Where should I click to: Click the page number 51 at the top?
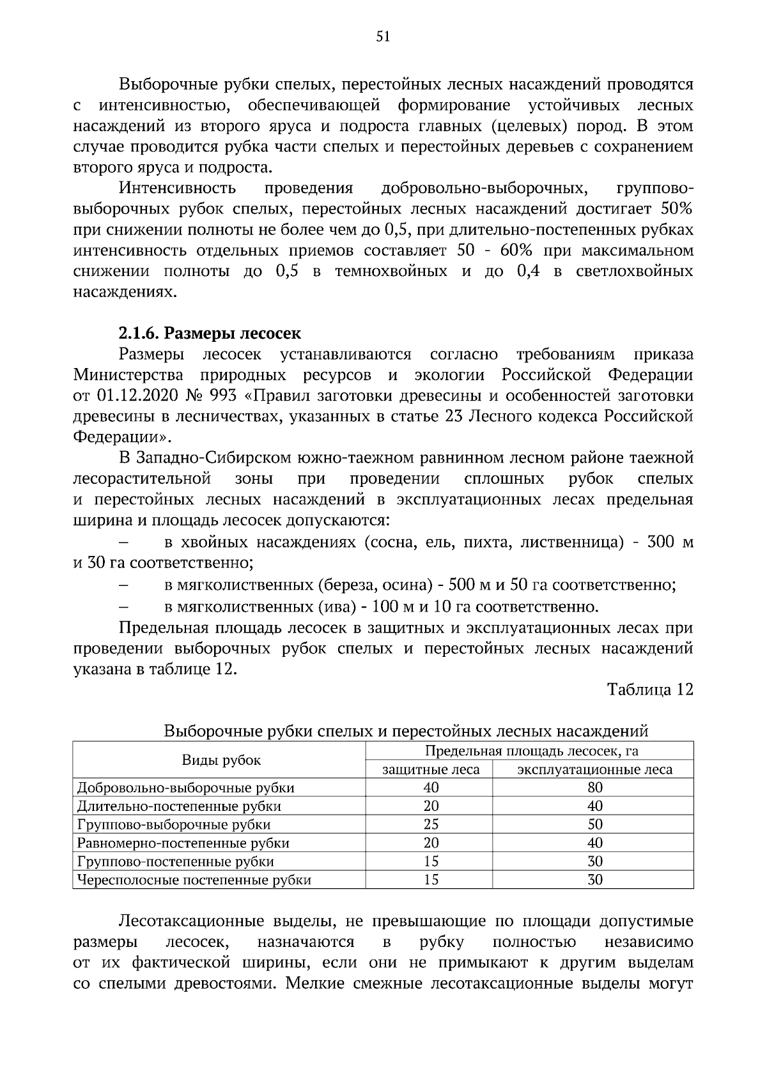pyautogui.click(x=383, y=37)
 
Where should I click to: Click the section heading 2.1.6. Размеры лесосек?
pyautogui.click(x=210, y=334)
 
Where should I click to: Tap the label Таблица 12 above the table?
pyautogui.click(x=649, y=689)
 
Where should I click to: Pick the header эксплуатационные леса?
pyautogui.click(x=594, y=769)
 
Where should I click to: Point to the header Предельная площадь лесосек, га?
pyautogui.click(x=531, y=751)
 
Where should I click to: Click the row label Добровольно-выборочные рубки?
pyautogui.click(x=186, y=788)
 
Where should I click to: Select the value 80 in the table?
pyautogui.click(x=594, y=788)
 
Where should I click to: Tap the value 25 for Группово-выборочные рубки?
pyautogui.click(x=431, y=825)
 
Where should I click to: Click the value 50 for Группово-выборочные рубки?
pyautogui.click(x=594, y=825)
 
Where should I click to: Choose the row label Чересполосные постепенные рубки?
pyautogui.click(x=194, y=881)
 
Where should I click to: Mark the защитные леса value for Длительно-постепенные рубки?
pyautogui.click(x=431, y=806)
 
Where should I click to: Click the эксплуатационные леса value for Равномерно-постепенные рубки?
pyautogui.click(x=594, y=843)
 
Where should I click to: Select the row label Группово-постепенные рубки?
pyautogui.click(x=176, y=862)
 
